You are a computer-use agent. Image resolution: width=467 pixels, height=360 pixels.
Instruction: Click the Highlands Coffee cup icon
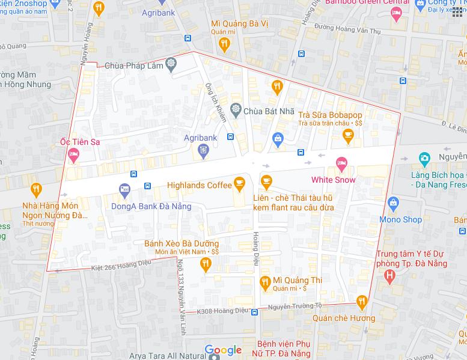[239, 181]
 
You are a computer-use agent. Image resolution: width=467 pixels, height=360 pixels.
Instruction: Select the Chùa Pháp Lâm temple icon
[171, 64]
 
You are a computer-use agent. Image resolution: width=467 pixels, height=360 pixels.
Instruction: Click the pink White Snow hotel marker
[341, 162]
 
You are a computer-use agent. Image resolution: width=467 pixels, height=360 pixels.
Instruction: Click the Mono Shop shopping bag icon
[394, 203]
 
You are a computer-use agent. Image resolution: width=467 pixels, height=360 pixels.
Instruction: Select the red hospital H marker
[389, 277]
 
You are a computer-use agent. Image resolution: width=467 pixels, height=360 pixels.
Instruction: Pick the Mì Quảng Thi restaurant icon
[264, 281]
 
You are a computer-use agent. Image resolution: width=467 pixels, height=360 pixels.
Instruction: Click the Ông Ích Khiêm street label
[216, 102]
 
